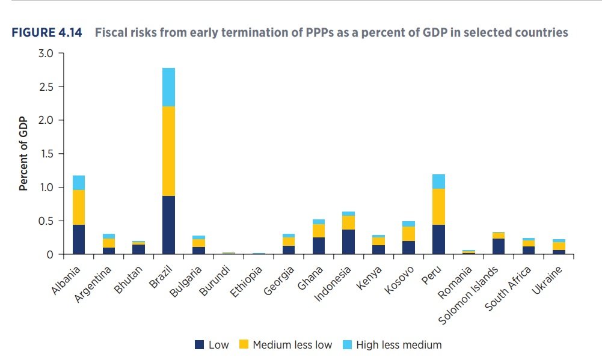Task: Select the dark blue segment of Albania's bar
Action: [x=78, y=239]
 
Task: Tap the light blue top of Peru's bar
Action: [x=439, y=182]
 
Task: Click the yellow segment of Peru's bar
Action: [x=439, y=207]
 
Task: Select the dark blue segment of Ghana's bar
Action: [x=319, y=246]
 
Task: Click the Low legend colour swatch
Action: [x=200, y=345]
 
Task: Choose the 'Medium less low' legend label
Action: [x=292, y=345]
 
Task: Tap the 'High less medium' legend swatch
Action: [x=347, y=345]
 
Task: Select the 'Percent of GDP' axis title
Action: [x=24, y=154]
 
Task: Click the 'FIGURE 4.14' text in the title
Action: [x=49, y=32]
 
